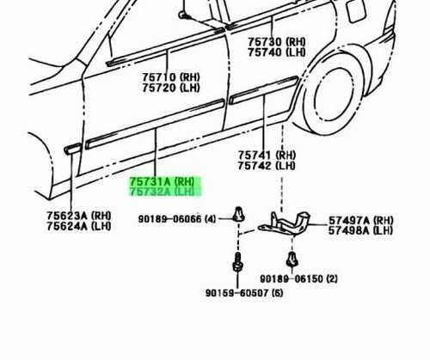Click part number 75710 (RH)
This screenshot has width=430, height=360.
pyautogui.click(x=171, y=77)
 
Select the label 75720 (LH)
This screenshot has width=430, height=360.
pyautogui.click(x=171, y=88)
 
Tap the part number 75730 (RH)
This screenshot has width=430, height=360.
pyautogui.click(x=277, y=42)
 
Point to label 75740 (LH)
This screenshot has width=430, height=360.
pyautogui.click(x=277, y=52)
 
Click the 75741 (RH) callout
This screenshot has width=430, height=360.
pyautogui.click(x=267, y=156)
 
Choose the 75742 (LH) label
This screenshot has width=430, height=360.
pyautogui.click(x=267, y=166)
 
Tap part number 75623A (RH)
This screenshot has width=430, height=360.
pyautogui.click(x=79, y=216)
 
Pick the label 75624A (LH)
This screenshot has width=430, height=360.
pyautogui.click(x=79, y=226)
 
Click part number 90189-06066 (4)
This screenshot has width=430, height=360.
pyautogui.click(x=177, y=219)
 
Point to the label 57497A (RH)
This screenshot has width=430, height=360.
pyautogui.click(x=361, y=221)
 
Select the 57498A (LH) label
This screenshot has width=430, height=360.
pyautogui.click(x=361, y=230)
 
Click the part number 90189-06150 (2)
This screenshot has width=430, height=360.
pyautogui.click(x=298, y=278)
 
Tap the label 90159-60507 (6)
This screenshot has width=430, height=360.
pyautogui.click(x=244, y=293)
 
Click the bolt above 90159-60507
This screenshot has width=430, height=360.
pyautogui.click(x=237, y=262)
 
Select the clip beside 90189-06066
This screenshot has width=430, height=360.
pyautogui.click(x=238, y=214)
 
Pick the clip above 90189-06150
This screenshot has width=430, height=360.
pyautogui.click(x=292, y=259)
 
